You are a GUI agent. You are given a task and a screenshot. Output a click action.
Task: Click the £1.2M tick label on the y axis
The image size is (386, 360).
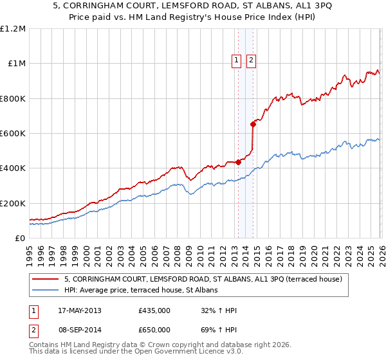click(x=13, y=29)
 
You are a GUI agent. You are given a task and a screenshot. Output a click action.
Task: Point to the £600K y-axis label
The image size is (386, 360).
click(x=13, y=134)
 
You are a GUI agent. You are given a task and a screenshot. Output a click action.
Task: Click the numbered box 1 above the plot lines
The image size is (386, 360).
click(x=236, y=61)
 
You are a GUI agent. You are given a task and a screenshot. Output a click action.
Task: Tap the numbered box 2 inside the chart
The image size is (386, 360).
click(x=250, y=61)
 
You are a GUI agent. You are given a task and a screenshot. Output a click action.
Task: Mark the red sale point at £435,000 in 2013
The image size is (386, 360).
click(x=238, y=162)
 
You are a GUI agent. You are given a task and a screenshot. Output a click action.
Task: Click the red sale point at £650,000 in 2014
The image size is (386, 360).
click(x=253, y=125)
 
